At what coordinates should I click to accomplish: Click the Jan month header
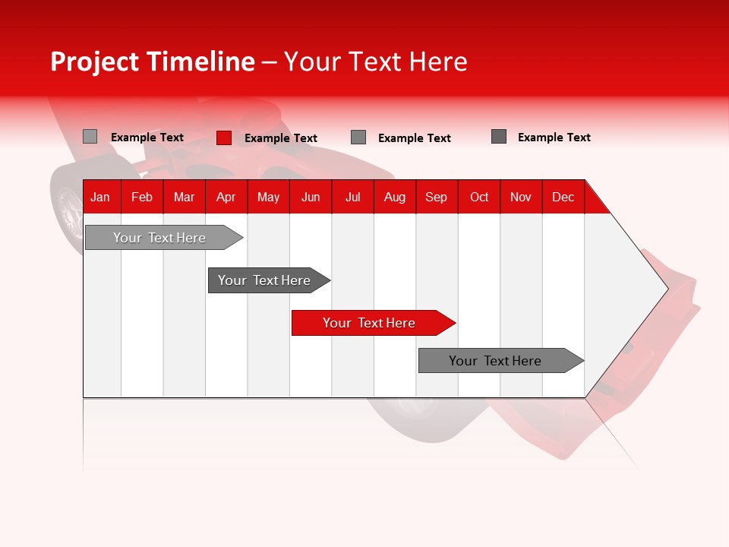point(100,197)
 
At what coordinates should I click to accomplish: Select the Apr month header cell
point(226,197)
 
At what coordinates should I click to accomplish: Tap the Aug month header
point(394,197)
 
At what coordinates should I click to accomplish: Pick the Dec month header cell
point(563,197)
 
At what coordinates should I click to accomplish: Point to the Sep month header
point(436,197)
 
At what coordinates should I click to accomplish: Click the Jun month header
point(310,197)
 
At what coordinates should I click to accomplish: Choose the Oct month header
point(478,197)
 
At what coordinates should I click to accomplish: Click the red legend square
point(224,138)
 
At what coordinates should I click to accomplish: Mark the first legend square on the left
point(90,137)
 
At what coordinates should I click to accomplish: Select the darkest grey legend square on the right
point(499,137)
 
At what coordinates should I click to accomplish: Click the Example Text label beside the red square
point(280,138)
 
